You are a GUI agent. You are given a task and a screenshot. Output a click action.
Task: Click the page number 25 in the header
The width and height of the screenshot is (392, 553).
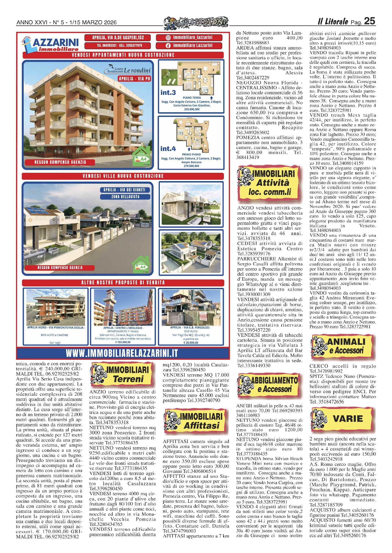pos(369,21)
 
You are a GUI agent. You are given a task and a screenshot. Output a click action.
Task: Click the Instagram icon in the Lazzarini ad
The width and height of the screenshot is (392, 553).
pos(168,38)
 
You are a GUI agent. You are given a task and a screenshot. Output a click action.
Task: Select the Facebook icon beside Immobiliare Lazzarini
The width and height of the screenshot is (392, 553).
pos(168,46)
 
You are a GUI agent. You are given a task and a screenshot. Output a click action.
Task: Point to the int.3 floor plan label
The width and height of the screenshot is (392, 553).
pos(168,93)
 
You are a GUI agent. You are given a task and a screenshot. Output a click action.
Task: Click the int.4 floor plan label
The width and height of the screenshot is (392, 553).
pos(168,149)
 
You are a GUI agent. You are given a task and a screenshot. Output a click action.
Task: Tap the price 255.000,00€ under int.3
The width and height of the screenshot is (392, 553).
pos(192,109)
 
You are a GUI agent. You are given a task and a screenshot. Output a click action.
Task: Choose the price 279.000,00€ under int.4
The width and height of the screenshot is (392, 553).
pos(191,166)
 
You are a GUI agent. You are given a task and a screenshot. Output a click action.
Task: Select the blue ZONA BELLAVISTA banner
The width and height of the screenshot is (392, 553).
pos(125,197)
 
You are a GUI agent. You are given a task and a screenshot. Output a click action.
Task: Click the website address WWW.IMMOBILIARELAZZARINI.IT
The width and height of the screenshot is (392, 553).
pos(122,353)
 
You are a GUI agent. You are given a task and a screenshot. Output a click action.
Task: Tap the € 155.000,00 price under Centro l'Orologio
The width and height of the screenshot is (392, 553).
pos(123,342)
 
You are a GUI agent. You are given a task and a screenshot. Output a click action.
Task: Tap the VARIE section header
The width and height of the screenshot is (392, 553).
pos(343,419)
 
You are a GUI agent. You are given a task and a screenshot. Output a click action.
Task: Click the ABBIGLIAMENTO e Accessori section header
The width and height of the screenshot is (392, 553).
pos(268,385)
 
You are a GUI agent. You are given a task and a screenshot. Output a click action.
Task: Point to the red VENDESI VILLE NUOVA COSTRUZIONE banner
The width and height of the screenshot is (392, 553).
pos(123,176)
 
